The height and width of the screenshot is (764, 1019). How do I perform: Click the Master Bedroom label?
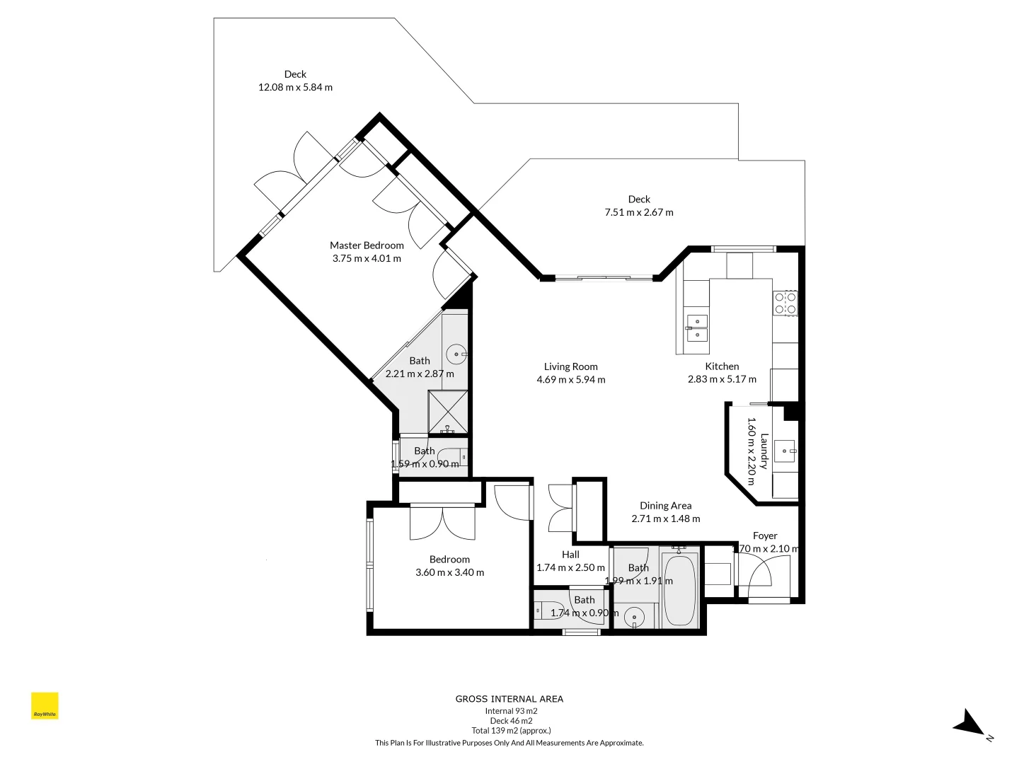click(x=367, y=245)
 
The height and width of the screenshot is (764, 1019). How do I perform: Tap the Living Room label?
click(x=570, y=366)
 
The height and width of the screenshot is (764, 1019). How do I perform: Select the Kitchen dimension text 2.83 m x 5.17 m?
click(x=722, y=379)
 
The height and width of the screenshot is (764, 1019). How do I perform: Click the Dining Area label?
click(x=665, y=506)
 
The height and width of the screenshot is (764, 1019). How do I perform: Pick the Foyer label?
click(x=765, y=536)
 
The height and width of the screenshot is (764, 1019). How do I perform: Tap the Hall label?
click(x=570, y=555)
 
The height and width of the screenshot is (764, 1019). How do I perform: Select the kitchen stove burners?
click(x=785, y=303)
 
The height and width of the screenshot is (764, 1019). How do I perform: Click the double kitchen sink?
click(x=697, y=328)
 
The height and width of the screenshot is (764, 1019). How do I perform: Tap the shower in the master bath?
click(x=448, y=411)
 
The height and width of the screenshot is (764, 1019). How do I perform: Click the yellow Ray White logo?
click(x=45, y=706)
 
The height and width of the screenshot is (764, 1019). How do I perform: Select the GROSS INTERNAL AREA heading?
click(x=509, y=699)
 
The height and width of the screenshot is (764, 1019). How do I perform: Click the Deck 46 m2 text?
click(x=511, y=721)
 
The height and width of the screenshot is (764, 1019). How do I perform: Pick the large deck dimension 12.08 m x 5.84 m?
click(x=295, y=88)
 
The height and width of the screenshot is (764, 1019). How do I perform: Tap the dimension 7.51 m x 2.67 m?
click(x=639, y=212)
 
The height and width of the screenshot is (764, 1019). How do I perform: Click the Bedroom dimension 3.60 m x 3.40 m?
click(x=449, y=572)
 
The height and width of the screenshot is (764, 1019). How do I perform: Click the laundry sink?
click(x=785, y=450)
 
